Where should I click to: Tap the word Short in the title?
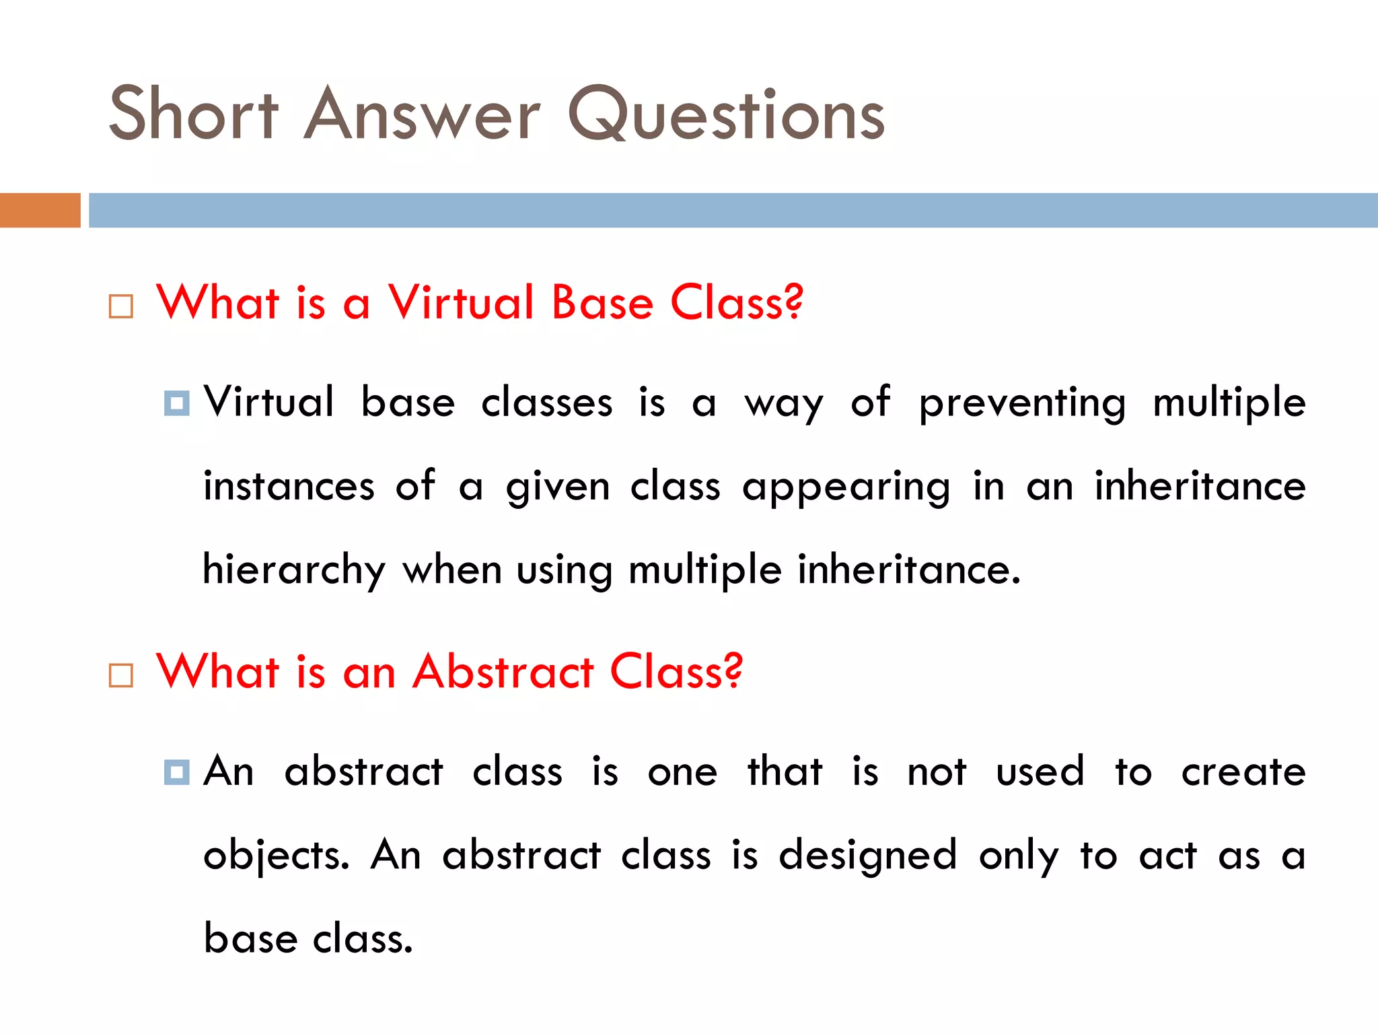(x=193, y=114)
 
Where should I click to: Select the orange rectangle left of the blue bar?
(x=40, y=210)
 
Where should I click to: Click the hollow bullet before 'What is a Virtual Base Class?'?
(x=121, y=306)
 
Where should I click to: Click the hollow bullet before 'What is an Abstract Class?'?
(x=121, y=675)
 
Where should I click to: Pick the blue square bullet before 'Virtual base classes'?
(x=176, y=403)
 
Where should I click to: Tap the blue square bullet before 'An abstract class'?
(x=176, y=772)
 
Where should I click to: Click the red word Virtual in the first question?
(x=461, y=302)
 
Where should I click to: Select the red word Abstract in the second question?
(x=503, y=672)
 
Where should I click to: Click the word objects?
(x=276, y=856)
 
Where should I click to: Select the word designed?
(x=867, y=856)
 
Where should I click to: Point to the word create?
(x=1243, y=772)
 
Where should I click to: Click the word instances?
(x=289, y=486)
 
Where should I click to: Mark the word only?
(x=1019, y=856)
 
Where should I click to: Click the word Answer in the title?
(x=422, y=114)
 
